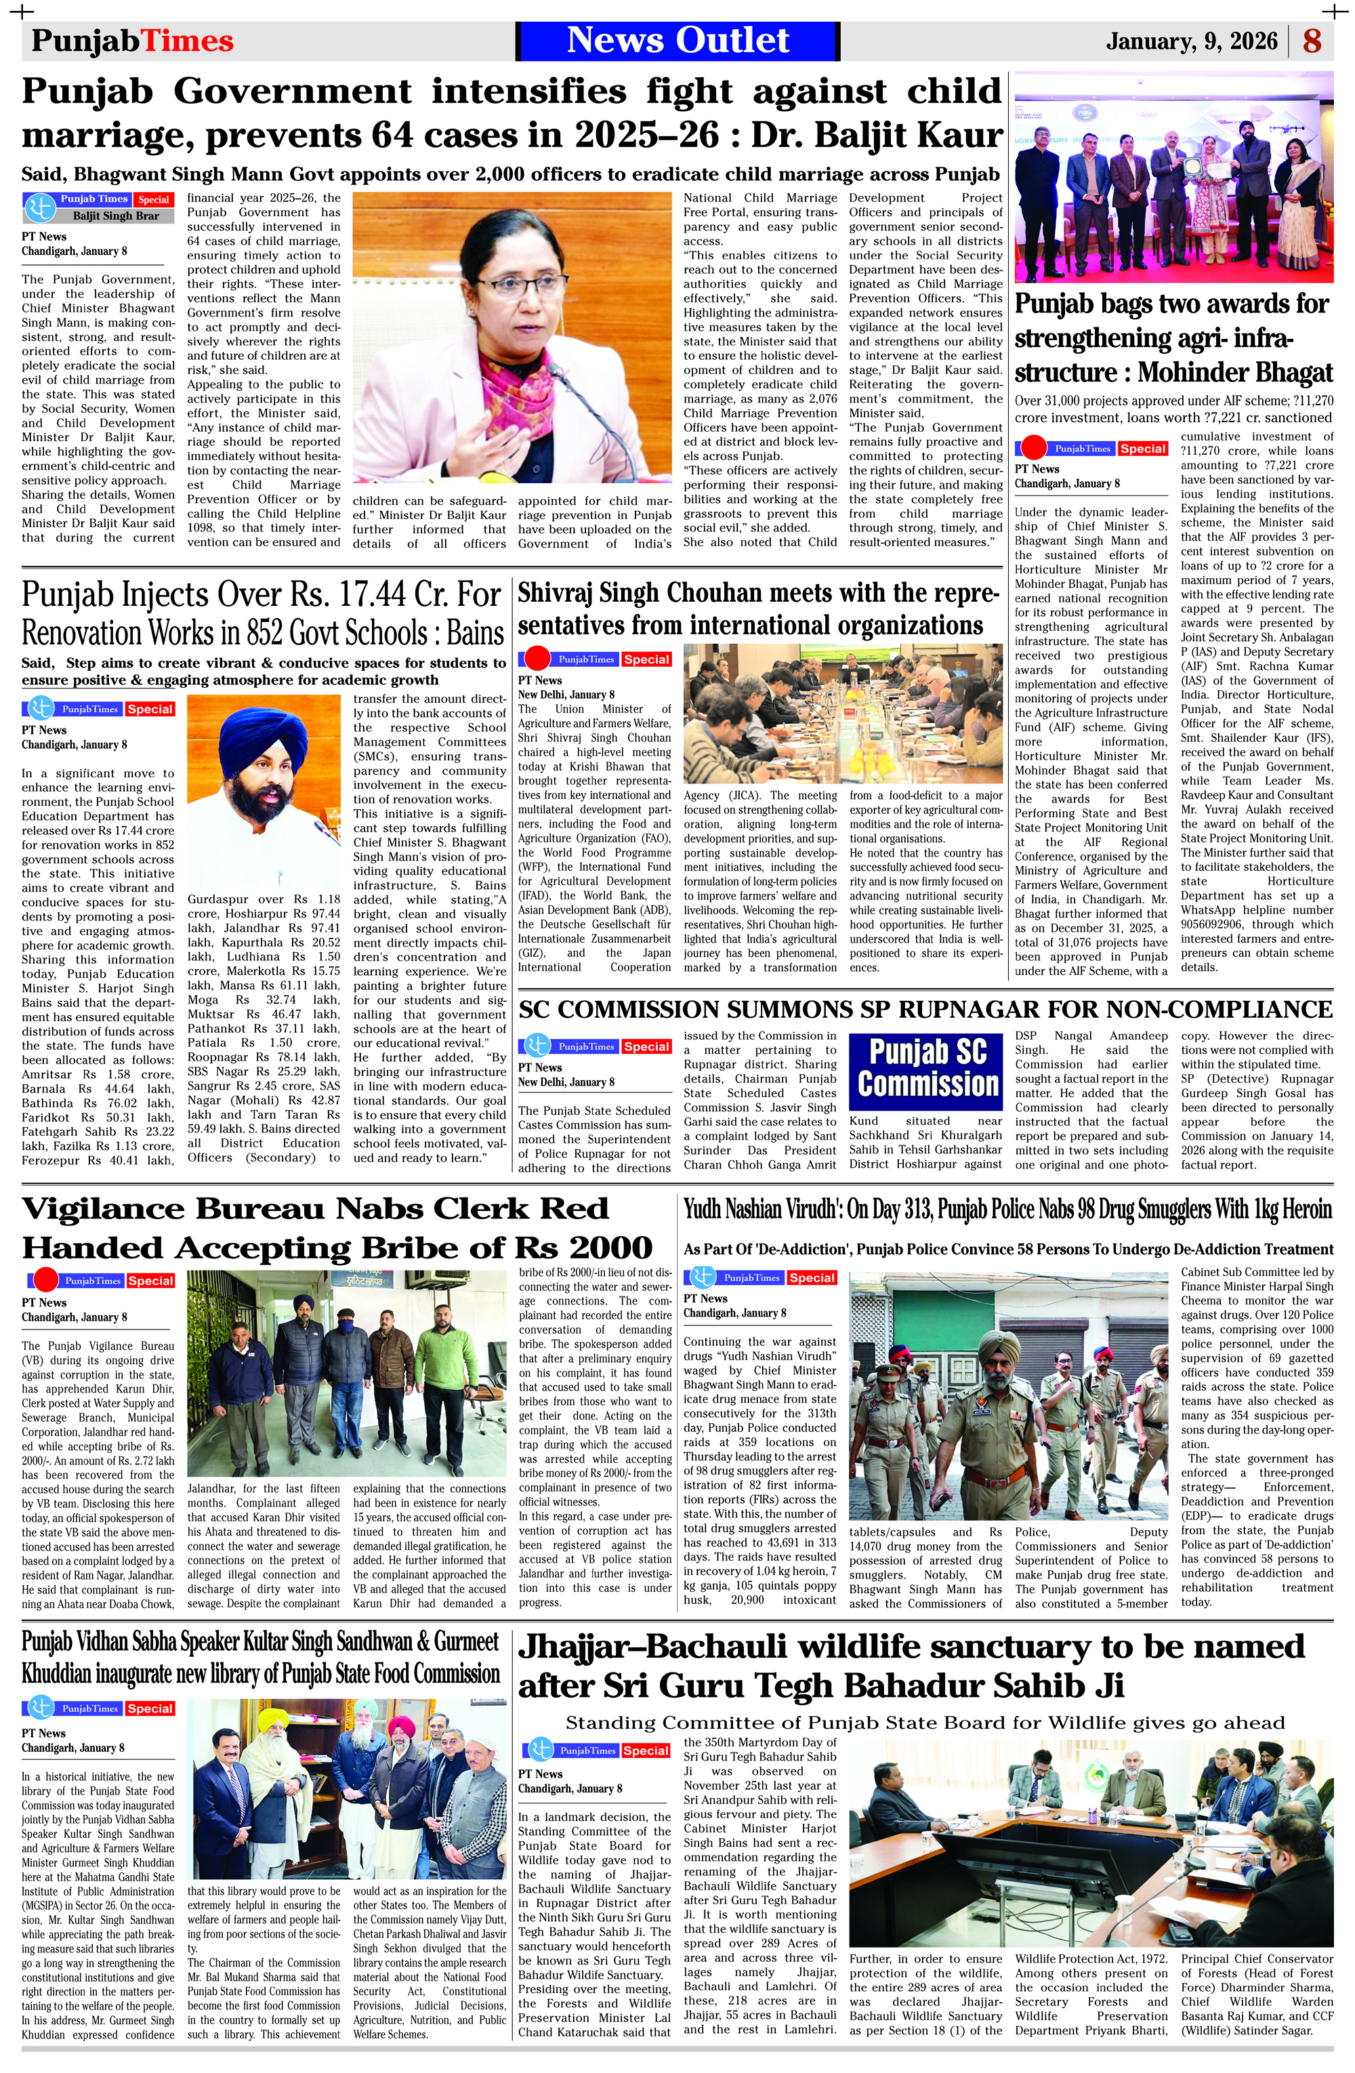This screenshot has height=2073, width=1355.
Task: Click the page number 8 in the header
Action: (x=1312, y=41)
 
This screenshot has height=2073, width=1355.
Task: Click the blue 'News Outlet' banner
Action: (x=677, y=41)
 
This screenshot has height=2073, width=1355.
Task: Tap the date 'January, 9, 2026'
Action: (x=1191, y=41)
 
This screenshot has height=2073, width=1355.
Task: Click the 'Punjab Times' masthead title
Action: (x=132, y=41)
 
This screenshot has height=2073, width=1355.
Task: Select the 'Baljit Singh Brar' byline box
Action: (x=116, y=215)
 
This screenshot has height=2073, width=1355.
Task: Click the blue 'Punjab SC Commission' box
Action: (x=927, y=1068)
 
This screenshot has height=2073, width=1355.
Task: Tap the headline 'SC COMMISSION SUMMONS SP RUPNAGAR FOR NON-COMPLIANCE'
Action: (x=925, y=1010)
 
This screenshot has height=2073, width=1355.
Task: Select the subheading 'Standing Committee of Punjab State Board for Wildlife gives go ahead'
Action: (x=925, y=1722)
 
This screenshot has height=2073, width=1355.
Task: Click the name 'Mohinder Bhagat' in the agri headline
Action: (x=1235, y=373)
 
